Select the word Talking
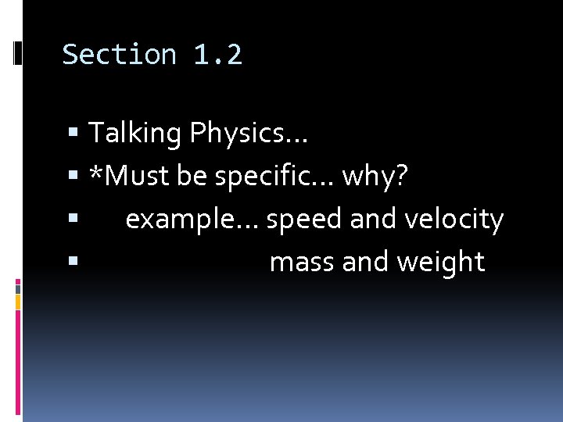click(x=134, y=134)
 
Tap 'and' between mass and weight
click(x=365, y=263)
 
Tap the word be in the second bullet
click(x=192, y=177)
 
